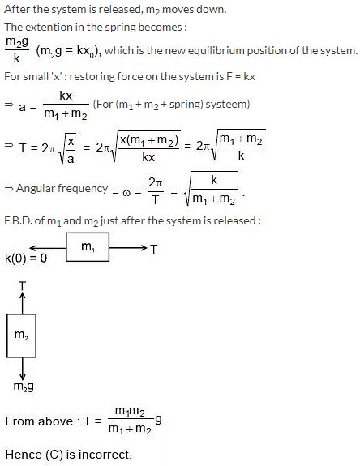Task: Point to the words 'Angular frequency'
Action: [x=62, y=188]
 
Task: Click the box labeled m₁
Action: [x=88, y=247]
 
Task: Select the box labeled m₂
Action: [x=21, y=336]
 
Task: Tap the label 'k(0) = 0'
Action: [x=26, y=258]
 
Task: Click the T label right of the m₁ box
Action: [x=153, y=249]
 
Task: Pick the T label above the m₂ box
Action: [x=22, y=286]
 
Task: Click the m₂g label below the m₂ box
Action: [x=24, y=387]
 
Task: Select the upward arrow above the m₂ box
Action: [x=22, y=303]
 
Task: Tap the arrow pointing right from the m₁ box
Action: [x=128, y=247]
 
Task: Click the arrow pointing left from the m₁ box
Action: [x=48, y=248]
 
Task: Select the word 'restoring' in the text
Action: [x=92, y=77]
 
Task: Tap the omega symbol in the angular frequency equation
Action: [x=126, y=192]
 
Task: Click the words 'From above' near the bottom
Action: [x=39, y=421]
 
